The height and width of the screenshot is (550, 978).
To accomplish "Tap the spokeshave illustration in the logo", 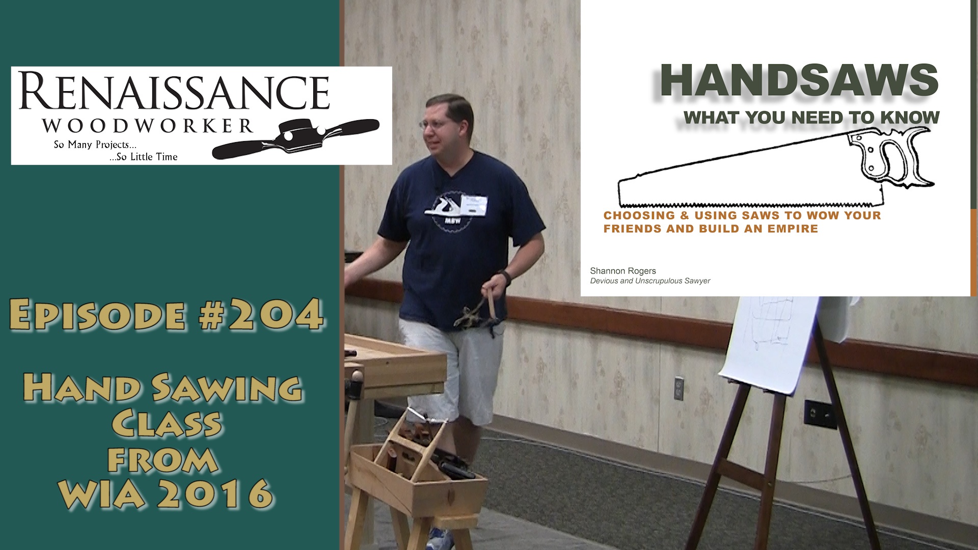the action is click(295, 138).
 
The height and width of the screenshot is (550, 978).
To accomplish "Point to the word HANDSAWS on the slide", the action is click(799, 80).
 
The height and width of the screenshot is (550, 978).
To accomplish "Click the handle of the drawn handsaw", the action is click(891, 158).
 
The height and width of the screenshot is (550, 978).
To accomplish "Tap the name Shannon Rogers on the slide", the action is click(623, 271).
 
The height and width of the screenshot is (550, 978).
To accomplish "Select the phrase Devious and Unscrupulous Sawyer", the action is click(650, 281).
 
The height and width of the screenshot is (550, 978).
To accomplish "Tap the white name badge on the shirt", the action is click(474, 205).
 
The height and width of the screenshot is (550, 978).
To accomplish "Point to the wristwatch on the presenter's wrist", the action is click(505, 277).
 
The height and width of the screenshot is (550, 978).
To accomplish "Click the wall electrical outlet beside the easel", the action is click(678, 389).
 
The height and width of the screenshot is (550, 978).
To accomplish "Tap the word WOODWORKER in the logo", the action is click(148, 126).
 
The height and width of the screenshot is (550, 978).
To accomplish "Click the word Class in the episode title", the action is click(167, 423).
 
